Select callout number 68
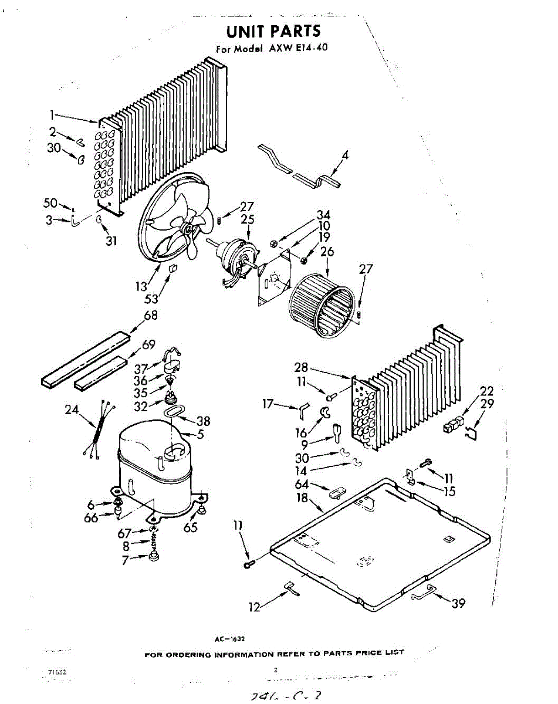(x=151, y=316)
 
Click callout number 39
(x=459, y=603)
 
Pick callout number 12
(x=254, y=608)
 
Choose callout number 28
(x=301, y=368)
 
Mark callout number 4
(x=345, y=155)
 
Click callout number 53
(x=151, y=299)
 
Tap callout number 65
(x=191, y=527)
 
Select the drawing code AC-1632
(x=234, y=637)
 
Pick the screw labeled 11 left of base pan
(x=248, y=564)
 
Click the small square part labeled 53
(x=173, y=269)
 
